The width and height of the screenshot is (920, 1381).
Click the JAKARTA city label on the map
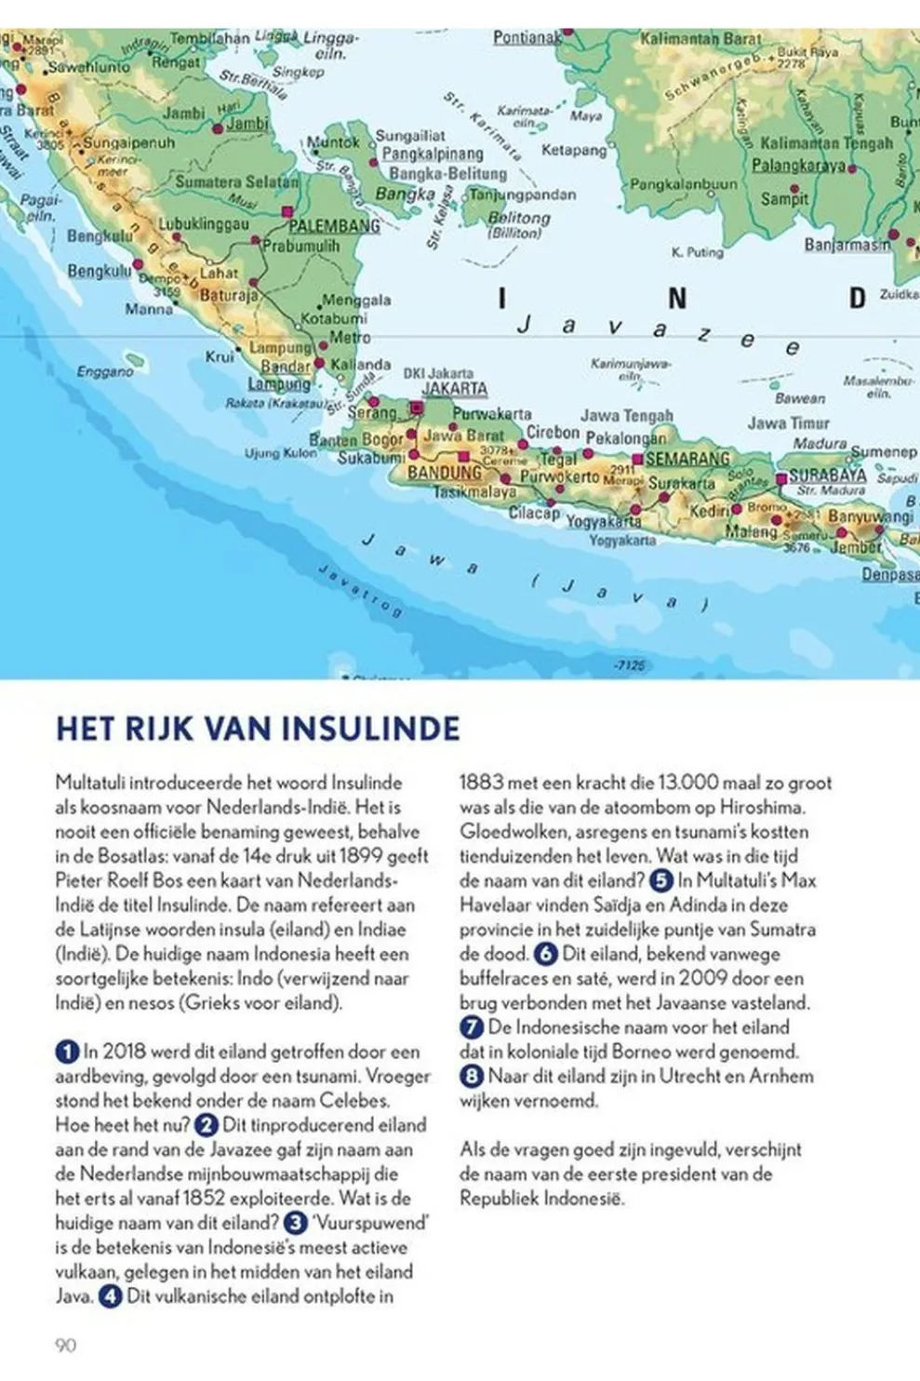click(455, 389)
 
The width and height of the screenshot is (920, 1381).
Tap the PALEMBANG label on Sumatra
click(334, 226)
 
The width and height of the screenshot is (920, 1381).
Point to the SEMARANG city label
click(687, 459)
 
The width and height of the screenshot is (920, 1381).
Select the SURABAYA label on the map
click(828, 476)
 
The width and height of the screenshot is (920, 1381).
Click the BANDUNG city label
click(445, 473)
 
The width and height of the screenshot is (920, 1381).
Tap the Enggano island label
click(105, 371)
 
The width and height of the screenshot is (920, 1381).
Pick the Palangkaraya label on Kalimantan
click(799, 166)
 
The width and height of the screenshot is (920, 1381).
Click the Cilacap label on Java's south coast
click(534, 513)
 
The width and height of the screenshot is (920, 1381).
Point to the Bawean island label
click(800, 398)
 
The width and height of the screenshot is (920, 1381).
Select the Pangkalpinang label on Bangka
click(433, 154)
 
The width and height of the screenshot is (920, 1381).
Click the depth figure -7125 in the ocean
click(630, 665)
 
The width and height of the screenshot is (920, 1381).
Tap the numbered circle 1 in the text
click(67, 1053)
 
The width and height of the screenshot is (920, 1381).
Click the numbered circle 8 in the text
click(472, 1077)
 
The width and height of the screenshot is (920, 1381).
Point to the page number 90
click(65, 1345)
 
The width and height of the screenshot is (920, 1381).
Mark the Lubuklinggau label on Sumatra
click(204, 224)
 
